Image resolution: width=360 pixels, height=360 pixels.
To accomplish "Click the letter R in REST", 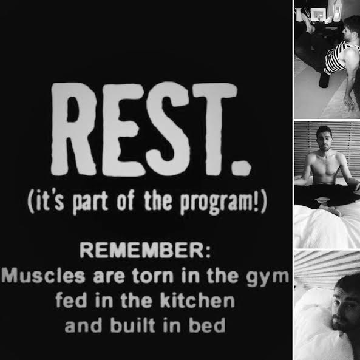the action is (x=73, y=129).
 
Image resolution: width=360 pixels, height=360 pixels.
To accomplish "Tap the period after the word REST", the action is (x=240, y=168).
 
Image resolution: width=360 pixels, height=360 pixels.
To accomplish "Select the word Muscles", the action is (x=44, y=276).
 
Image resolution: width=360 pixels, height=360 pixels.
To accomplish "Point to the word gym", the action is (x=268, y=278).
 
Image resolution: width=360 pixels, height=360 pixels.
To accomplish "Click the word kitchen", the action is (x=197, y=301).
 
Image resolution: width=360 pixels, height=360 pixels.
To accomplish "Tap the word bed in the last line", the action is (x=207, y=325).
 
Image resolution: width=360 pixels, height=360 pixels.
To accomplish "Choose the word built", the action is (x=133, y=325).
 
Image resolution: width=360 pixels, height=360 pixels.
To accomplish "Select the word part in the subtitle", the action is (x=90, y=202).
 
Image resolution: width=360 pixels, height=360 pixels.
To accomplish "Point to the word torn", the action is (x=152, y=276).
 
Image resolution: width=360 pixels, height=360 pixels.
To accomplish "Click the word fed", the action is (x=71, y=301).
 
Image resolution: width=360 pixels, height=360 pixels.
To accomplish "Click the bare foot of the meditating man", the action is (x=331, y=210).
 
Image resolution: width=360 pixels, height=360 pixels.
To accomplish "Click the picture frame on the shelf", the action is (x=318, y=14).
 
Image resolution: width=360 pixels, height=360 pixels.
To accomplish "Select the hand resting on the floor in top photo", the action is (x=350, y=103).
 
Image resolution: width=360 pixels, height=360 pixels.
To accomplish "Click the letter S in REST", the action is (x=169, y=129).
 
